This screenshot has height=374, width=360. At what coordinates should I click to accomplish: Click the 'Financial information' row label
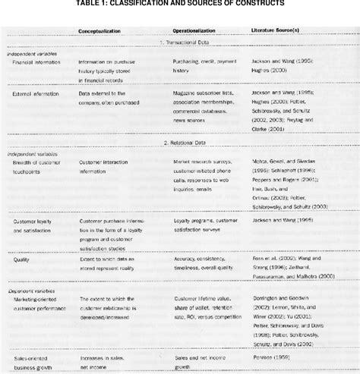pyautogui.click(x=36, y=64)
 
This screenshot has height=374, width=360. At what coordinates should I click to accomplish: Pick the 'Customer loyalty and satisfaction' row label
pyautogui.click(x=39, y=226)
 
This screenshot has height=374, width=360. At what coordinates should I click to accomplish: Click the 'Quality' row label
pyautogui.click(x=21, y=259)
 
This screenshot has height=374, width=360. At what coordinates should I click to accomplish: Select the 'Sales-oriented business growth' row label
pyautogui.click(x=37, y=360)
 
